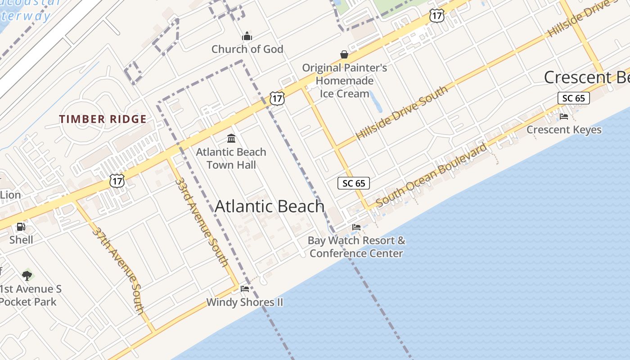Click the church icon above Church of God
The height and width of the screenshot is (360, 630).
[x=247, y=36]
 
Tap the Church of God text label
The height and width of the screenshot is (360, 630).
[x=247, y=49]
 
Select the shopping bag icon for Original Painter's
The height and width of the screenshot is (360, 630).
[x=344, y=55]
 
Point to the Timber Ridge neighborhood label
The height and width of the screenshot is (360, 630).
[x=103, y=119]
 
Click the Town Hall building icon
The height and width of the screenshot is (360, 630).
[x=231, y=138]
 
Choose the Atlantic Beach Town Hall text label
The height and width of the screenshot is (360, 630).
[x=231, y=158]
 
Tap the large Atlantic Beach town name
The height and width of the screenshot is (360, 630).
[x=270, y=207]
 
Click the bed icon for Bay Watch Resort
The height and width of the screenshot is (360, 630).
[x=356, y=227]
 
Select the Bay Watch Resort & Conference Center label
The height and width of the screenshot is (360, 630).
[x=356, y=247]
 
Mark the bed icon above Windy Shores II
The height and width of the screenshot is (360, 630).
[x=245, y=288]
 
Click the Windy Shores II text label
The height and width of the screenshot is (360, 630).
[x=245, y=302]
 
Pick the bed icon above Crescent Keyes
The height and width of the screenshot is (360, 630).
[x=564, y=117]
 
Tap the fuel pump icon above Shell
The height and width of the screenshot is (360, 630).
[x=21, y=227]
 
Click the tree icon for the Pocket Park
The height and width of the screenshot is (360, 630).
[x=27, y=275]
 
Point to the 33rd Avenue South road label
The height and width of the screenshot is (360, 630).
[x=202, y=221]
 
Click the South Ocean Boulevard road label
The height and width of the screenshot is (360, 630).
[x=431, y=175]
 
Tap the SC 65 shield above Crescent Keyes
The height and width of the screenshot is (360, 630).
[x=573, y=98]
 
